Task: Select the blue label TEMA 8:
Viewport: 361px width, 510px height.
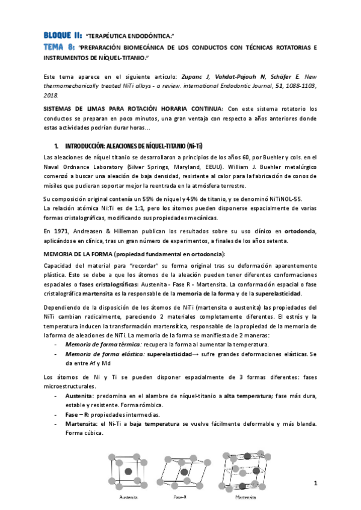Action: click(58, 46)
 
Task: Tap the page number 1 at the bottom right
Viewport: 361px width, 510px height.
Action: click(315, 484)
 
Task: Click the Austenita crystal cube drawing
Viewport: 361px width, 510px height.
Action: click(129, 473)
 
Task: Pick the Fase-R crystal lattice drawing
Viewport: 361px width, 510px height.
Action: click(183, 473)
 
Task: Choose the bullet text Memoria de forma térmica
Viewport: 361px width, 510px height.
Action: click(103, 344)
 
